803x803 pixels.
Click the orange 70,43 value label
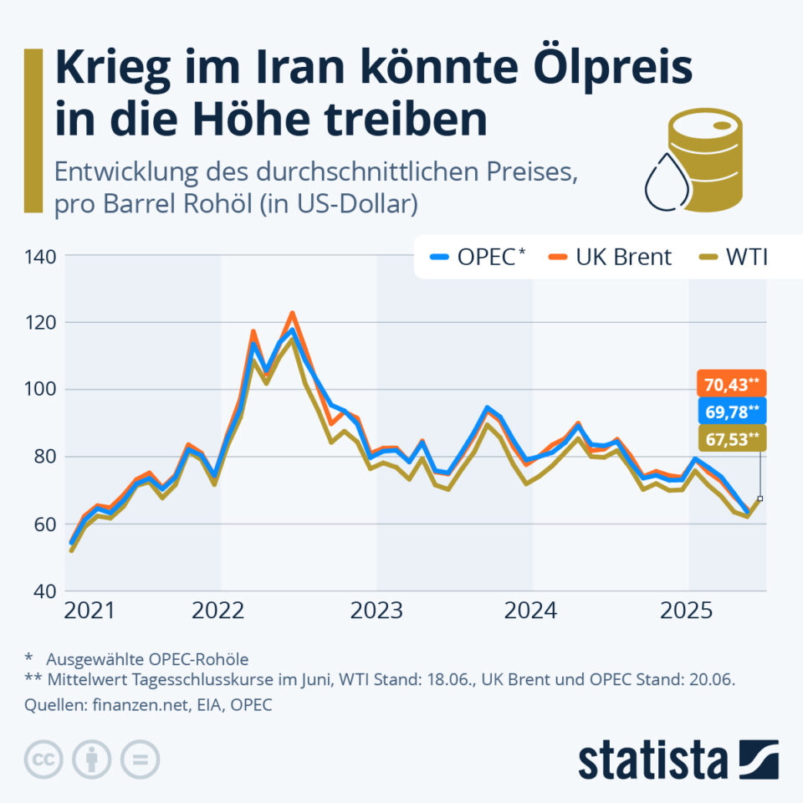[x=729, y=385]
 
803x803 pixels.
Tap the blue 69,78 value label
[x=729, y=412]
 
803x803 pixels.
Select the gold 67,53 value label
[x=729, y=439]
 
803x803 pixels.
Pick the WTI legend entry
[x=735, y=257]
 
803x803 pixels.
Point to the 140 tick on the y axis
[x=39, y=256]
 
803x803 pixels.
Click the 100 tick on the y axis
[x=39, y=390]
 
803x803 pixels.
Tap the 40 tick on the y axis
[x=43, y=591]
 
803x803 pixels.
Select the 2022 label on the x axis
[x=219, y=611]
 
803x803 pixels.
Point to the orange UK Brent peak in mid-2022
[x=292, y=315]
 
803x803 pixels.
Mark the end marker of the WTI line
[x=760, y=499]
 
